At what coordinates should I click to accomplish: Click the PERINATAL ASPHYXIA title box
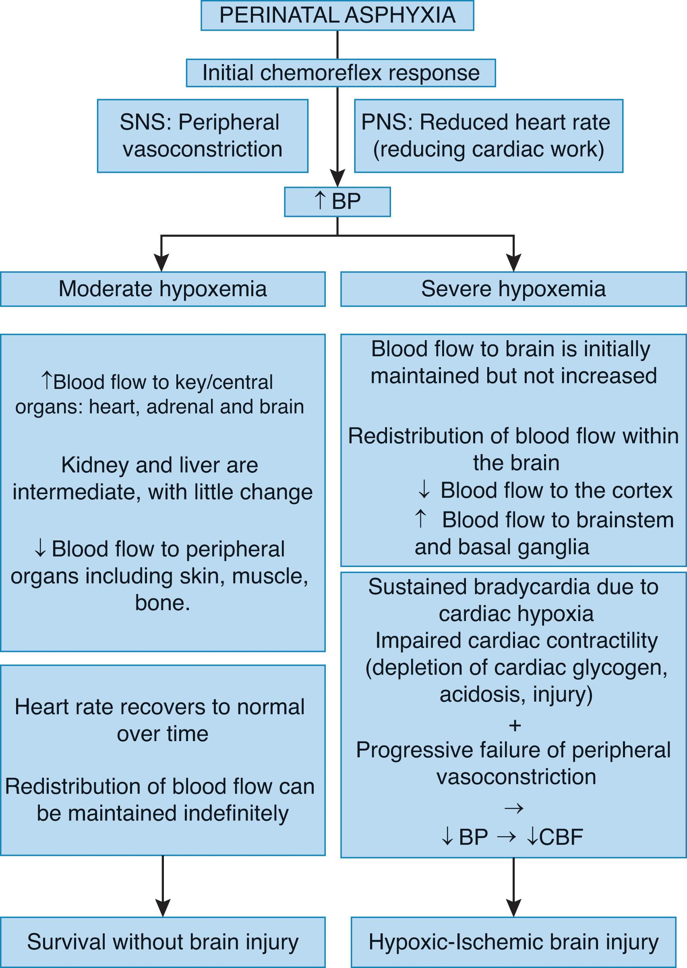(337, 15)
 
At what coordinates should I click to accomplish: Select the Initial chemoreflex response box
(341, 73)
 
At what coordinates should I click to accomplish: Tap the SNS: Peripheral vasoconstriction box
(202, 136)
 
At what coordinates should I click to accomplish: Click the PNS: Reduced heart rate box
(488, 136)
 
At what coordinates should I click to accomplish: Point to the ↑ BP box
(337, 201)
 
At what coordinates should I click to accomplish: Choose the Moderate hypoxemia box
(162, 289)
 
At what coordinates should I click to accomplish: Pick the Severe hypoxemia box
(513, 289)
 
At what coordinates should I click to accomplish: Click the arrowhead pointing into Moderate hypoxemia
(161, 263)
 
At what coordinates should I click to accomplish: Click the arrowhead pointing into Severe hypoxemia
(513, 263)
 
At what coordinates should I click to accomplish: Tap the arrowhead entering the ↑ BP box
(337, 178)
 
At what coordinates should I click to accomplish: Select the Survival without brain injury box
(162, 942)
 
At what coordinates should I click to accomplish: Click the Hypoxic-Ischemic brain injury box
(513, 942)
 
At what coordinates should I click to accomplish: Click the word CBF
(561, 837)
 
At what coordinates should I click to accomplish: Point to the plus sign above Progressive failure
(514, 725)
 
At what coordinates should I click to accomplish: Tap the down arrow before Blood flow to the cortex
(424, 490)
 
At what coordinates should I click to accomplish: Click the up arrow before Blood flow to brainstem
(420, 519)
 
